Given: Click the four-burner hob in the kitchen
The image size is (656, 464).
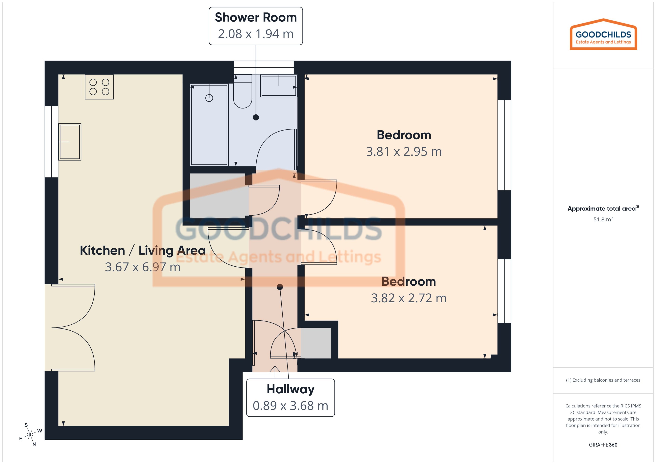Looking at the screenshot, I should point(99,87).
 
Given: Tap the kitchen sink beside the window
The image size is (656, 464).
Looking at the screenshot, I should point(70,142).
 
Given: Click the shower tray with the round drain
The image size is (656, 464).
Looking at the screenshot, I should point(209,125).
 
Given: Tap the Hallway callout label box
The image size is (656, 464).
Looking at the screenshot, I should point(290,398).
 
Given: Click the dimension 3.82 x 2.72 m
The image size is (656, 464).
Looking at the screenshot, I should point(408,298).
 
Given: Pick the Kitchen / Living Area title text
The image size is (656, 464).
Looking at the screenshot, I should point(143,251).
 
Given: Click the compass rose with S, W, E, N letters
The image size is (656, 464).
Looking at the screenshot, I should point(30,435).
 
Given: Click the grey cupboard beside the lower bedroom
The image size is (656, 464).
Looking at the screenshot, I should point(316,343).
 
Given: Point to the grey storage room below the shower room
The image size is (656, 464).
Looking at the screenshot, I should point(219,196).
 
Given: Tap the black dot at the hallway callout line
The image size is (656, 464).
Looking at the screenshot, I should point(280,287).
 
